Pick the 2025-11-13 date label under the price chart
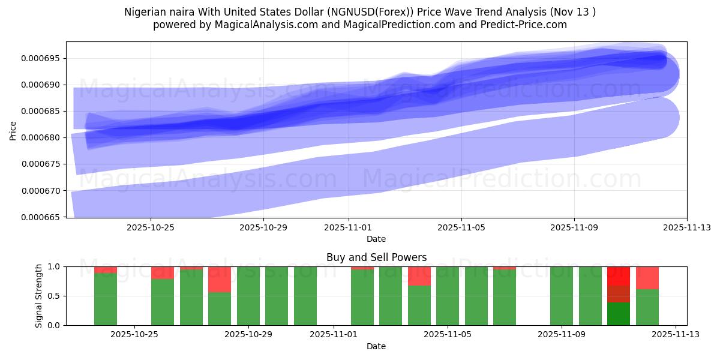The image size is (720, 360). (687, 228)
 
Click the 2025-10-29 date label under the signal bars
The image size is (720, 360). (248, 335)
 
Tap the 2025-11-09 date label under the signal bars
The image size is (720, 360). (562, 335)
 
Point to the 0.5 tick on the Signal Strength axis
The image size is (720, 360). (55, 296)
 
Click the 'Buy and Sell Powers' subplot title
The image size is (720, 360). (376, 257)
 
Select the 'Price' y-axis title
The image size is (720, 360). (13, 130)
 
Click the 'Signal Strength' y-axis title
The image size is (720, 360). (39, 296)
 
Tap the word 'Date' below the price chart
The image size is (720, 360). (376, 239)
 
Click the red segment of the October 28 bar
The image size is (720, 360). (220, 279)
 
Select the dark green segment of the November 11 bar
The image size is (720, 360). (619, 313)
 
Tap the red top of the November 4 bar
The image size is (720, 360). (419, 275)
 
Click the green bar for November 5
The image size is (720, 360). (448, 296)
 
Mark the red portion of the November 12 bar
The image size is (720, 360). (647, 277)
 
